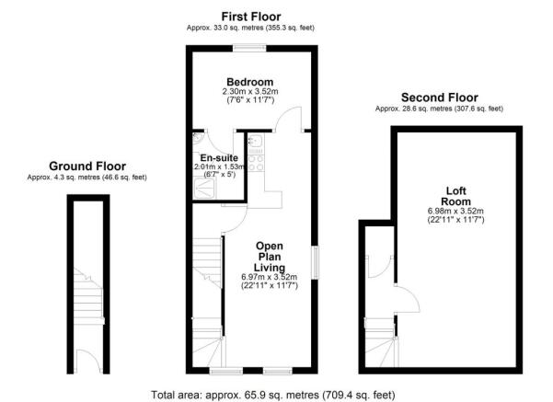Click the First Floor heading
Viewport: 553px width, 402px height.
(x=251, y=17)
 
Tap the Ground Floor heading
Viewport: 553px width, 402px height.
(x=87, y=167)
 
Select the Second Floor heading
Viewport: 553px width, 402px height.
(x=440, y=98)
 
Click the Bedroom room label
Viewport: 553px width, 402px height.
(x=249, y=82)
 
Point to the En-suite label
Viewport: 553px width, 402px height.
(x=219, y=158)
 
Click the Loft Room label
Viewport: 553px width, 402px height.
(x=456, y=196)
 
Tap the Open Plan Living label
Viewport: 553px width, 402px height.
(x=270, y=257)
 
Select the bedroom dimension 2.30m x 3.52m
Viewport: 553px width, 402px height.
(x=250, y=91)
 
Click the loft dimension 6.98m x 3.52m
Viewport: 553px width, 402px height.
(x=455, y=212)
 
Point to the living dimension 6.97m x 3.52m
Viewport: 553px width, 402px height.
(x=269, y=277)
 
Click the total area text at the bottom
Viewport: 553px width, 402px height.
(x=273, y=395)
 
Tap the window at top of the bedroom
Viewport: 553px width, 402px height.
(x=249, y=48)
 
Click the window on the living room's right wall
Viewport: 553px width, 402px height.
(x=315, y=263)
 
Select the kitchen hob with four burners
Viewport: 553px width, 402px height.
(x=256, y=163)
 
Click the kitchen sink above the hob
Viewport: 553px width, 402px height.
(x=256, y=141)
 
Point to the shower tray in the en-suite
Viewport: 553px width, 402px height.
(x=204, y=188)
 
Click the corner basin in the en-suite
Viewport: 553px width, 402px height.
(x=197, y=138)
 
